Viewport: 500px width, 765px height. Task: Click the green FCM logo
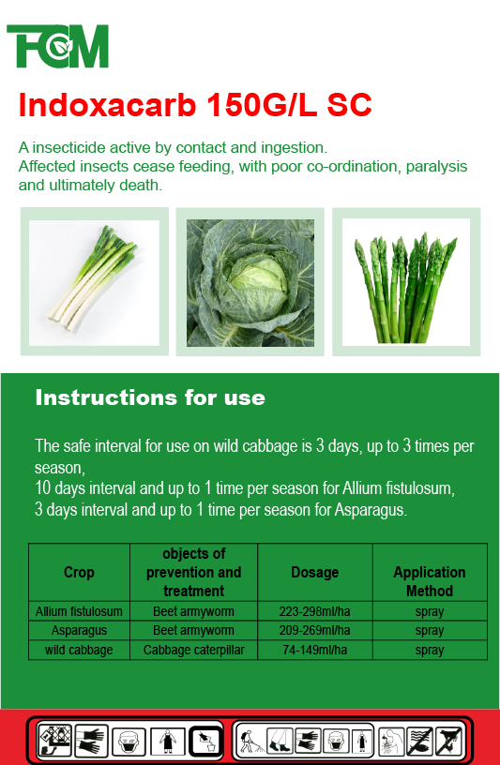pos(57,46)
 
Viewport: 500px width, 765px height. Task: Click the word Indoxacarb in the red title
pos(108,104)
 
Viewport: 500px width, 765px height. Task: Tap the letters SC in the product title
pos(349,104)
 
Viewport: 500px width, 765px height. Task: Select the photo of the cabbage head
pos(250,282)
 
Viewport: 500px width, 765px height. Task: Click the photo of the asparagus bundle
pos(406,282)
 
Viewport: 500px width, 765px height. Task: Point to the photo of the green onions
pos(94,282)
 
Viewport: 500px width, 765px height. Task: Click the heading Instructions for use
pos(150,397)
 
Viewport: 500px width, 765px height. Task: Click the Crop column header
pos(79,572)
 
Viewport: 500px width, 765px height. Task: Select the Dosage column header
pos(315,572)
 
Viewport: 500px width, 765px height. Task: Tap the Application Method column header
pos(430,581)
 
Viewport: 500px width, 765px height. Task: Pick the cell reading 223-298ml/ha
pos(315,611)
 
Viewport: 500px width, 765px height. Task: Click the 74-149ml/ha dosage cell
pos(315,650)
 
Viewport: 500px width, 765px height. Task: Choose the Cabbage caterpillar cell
pos(194,650)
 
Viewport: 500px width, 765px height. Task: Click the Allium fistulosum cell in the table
pos(79,611)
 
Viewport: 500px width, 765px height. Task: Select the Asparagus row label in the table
pos(79,630)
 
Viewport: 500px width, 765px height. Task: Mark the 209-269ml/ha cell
pos(315,630)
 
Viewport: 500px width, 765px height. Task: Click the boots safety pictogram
pos(280,740)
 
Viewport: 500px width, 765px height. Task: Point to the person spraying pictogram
pos(250,740)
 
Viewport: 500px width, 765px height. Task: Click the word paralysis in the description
pos(436,166)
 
